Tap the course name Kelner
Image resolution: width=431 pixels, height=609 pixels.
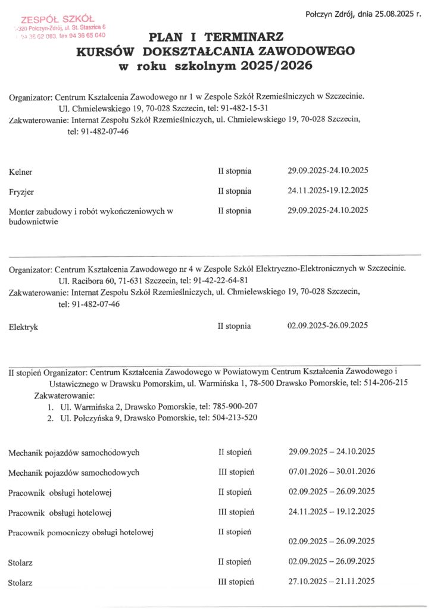[x=21, y=172]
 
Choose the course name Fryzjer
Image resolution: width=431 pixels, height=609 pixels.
[x=22, y=192]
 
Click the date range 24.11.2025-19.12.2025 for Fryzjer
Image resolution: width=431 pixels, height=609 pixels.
[x=328, y=191]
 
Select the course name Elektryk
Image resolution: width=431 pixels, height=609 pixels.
[x=23, y=327]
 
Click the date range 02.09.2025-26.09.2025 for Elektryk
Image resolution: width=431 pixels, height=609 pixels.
[x=328, y=326]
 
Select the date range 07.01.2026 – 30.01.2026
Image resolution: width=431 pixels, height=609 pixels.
[x=332, y=472]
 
